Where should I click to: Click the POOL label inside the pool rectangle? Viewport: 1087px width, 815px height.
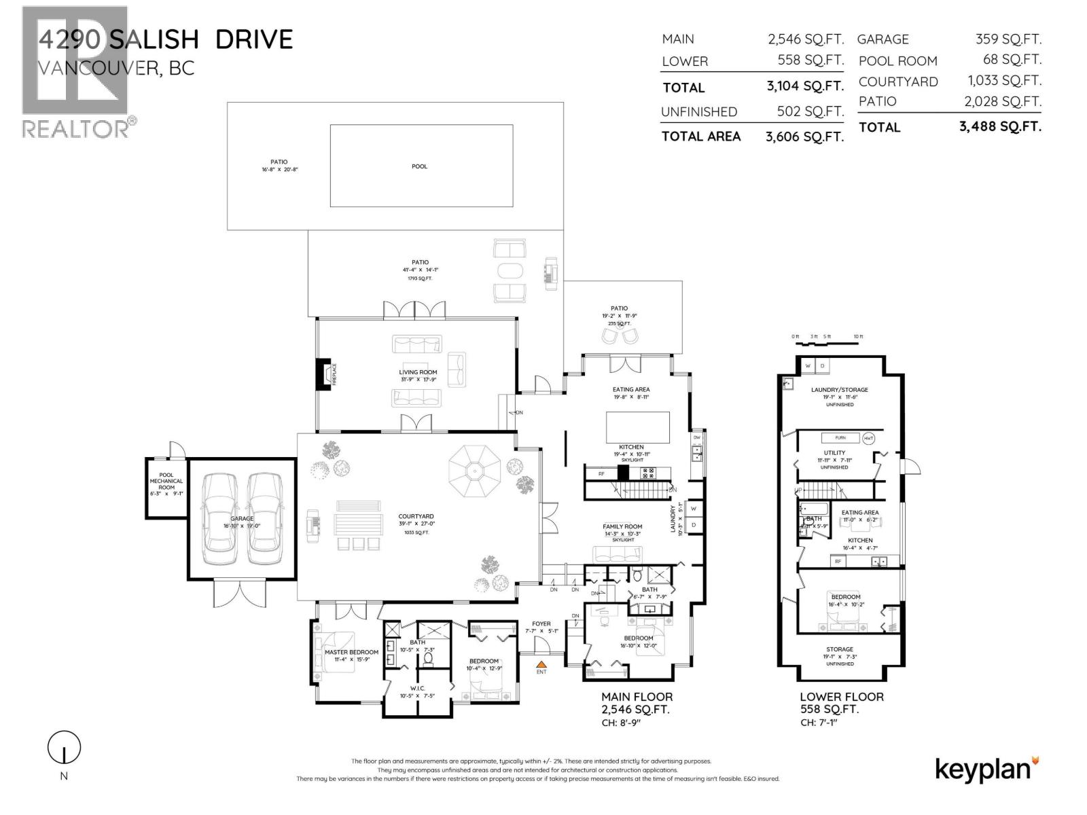[419, 166]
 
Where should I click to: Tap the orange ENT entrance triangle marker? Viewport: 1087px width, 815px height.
[541, 665]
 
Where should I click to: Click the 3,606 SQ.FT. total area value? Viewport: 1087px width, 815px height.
[804, 137]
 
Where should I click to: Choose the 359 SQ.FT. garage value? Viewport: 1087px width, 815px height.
[1008, 39]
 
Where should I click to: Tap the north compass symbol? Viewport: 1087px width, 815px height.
[64, 748]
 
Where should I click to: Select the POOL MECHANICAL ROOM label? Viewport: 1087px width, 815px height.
[166, 481]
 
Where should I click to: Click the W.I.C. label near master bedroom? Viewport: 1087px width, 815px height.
[417, 689]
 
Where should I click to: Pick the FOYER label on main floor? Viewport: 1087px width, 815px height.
[541, 623]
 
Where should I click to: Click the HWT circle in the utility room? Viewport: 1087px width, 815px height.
[869, 438]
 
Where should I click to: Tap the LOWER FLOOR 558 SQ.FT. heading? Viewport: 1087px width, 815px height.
[841, 703]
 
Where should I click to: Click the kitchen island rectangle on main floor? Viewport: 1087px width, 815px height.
[637, 427]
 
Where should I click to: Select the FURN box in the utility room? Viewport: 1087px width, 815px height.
[840, 438]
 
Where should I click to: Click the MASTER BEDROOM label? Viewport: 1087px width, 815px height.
[351, 652]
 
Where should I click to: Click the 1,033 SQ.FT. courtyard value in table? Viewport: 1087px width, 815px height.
[1004, 81]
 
